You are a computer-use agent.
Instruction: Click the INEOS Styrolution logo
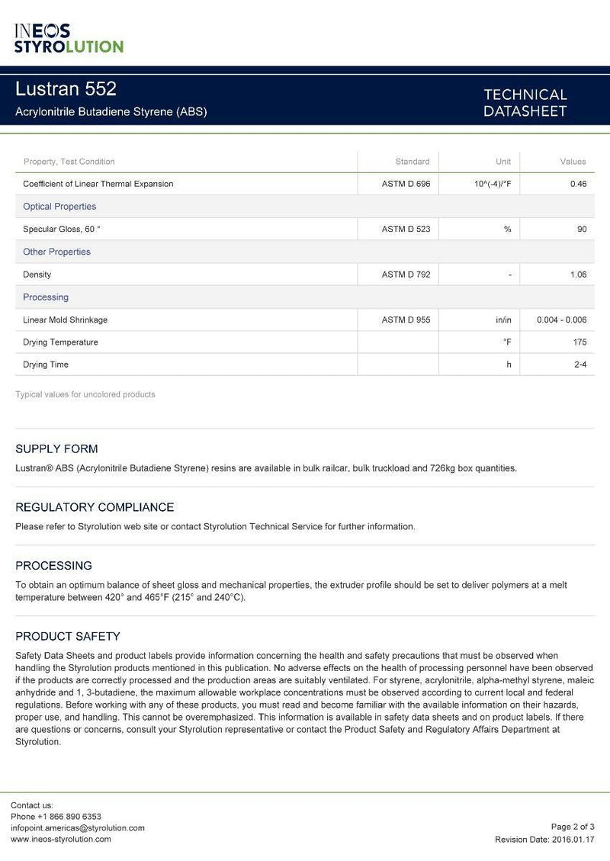[x=69, y=38]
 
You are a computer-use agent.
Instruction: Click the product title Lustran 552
[x=66, y=89]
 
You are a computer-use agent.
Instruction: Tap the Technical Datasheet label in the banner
[x=525, y=103]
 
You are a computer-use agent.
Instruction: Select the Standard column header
[x=413, y=162]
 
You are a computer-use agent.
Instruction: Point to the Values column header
[x=573, y=162]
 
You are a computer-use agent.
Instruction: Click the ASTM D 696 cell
[x=406, y=184]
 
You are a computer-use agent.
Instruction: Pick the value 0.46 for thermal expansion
[x=578, y=184]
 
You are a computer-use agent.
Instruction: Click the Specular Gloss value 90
[x=581, y=229]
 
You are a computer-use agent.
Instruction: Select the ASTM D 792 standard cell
[x=406, y=275]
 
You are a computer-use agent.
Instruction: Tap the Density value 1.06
[x=578, y=275]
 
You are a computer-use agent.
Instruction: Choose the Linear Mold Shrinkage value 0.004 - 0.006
[x=561, y=320]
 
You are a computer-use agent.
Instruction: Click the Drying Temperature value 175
[x=579, y=342]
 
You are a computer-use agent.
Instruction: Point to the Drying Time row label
[x=46, y=365]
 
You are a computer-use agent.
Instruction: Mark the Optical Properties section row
[x=59, y=207]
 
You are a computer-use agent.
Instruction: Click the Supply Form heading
[x=56, y=449]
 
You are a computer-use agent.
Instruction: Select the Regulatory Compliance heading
[x=95, y=507]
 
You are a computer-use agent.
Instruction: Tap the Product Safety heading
[x=68, y=636]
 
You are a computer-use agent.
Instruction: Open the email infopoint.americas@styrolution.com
[x=78, y=827]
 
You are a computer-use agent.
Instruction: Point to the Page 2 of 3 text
[x=573, y=827]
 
